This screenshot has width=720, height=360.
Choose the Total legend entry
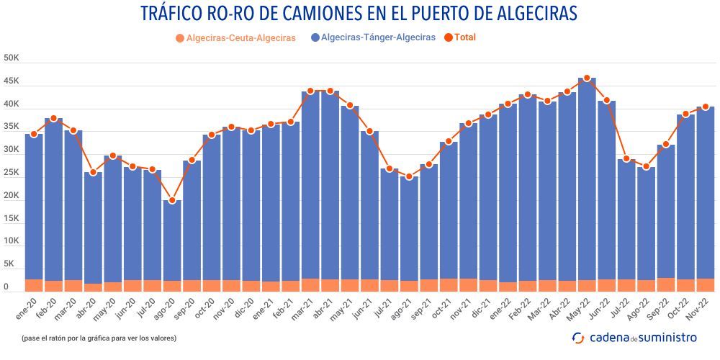465,37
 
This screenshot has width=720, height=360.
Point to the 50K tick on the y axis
11,58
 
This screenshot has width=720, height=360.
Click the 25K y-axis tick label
11,173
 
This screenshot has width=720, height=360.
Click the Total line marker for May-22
587,78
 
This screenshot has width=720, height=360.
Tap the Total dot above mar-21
310,91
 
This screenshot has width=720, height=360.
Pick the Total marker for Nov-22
706,107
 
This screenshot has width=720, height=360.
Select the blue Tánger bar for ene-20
34,209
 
